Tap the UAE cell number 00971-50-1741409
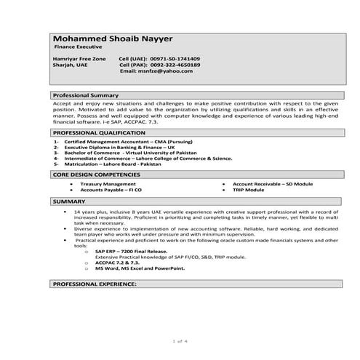click(175, 58)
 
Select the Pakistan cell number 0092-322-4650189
click(175, 65)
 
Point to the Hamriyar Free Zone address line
click(79, 58)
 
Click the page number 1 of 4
click(180, 341)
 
